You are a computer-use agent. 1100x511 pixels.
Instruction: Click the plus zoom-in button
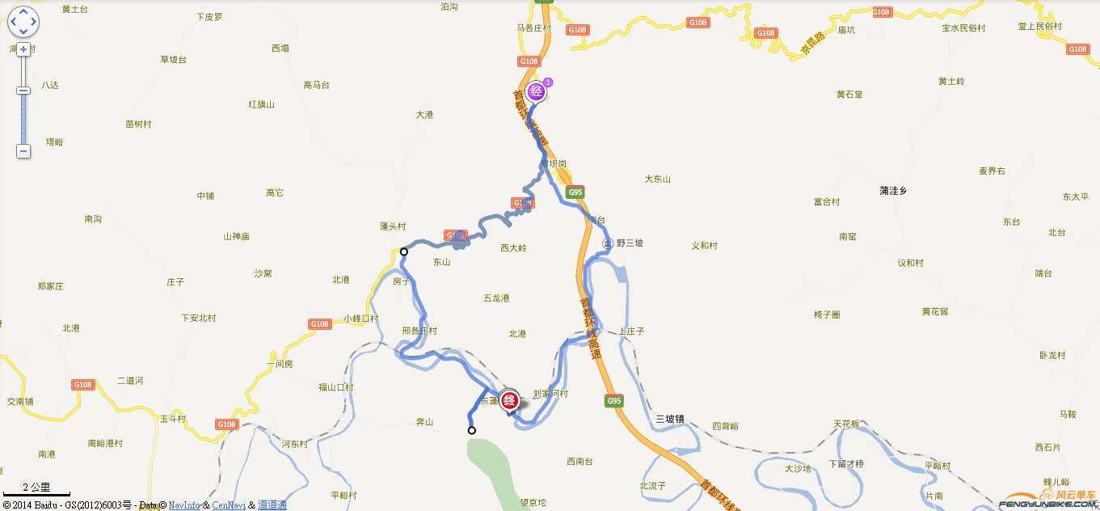click(x=23, y=49)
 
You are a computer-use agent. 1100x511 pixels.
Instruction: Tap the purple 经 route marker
click(x=535, y=91)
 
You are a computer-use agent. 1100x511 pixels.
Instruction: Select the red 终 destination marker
click(x=509, y=400)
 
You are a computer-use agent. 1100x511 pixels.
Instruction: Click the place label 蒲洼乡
click(x=894, y=191)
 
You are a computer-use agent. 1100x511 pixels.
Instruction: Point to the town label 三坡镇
click(x=669, y=419)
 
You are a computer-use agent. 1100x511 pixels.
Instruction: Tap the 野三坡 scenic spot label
click(x=629, y=243)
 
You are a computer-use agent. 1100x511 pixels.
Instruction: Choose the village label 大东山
click(x=657, y=179)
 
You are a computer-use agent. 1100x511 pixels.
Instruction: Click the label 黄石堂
click(x=849, y=95)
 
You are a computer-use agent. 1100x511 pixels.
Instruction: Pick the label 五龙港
click(x=496, y=298)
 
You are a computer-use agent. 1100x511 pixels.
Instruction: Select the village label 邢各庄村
click(x=419, y=331)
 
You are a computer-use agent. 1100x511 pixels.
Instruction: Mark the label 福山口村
click(x=336, y=387)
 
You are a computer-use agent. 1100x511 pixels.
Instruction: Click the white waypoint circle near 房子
click(x=404, y=252)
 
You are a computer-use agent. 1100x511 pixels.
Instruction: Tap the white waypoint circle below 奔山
click(x=472, y=430)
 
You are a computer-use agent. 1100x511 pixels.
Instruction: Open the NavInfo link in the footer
click(x=184, y=505)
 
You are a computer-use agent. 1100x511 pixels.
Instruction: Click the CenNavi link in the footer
click(x=229, y=505)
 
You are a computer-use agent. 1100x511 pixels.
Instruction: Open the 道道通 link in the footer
click(x=272, y=505)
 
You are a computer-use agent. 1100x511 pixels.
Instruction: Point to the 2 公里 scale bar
click(x=36, y=489)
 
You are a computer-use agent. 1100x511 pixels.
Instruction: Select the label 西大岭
click(x=513, y=248)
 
